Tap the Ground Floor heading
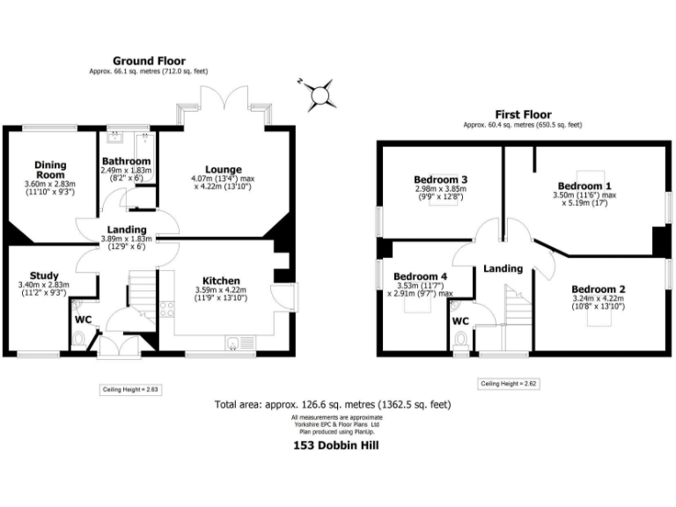pos(148,61)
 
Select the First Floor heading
pos(523,114)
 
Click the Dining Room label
pos(50,169)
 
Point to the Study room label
pos(44,276)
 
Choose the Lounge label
pos(224,169)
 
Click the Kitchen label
pos(221,282)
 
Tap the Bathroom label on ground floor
pos(126,162)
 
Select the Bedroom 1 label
pos(584,186)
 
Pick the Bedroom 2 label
pos(598,290)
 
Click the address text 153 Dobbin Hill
pos(336,445)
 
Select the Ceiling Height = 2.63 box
pos(129,388)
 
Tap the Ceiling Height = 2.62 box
pos(508,384)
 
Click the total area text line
pos(333,405)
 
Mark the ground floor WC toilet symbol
pos(80,338)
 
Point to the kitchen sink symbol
pos(234,343)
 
